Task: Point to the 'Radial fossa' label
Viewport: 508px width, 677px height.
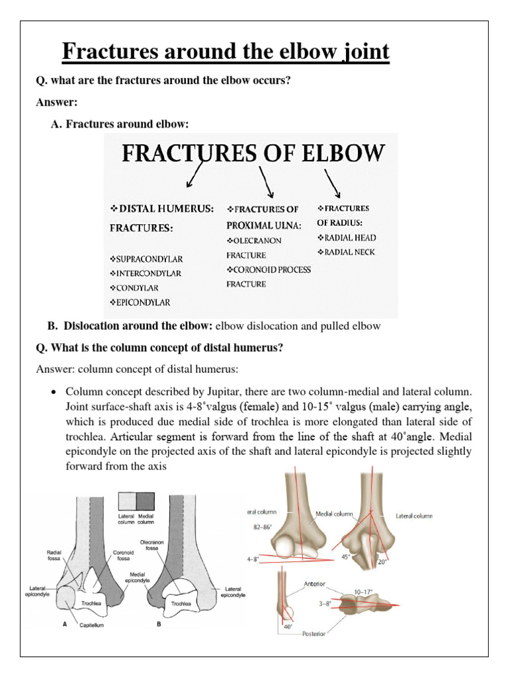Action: click(x=54, y=555)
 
